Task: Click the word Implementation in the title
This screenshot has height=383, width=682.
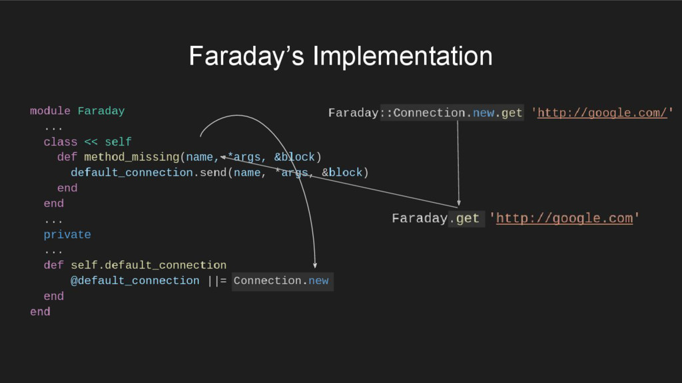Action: [x=402, y=57]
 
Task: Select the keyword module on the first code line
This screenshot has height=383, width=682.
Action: [x=50, y=111]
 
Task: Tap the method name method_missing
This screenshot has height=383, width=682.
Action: [x=131, y=158]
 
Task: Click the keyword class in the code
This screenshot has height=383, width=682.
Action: [x=61, y=142]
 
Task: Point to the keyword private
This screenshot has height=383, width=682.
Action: [x=67, y=235]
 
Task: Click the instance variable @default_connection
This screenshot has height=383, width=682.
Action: [x=135, y=281]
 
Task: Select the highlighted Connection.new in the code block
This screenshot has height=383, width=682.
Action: [x=281, y=281]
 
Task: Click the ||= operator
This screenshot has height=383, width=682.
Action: [x=216, y=281]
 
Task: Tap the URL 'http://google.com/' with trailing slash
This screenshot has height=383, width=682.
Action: [x=602, y=113]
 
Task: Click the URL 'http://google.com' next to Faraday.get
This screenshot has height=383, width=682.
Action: [x=564, y=218]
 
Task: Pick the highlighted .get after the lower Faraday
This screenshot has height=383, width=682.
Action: [x=466, y=218]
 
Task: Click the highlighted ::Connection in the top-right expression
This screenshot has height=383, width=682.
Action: [x=420, y=113]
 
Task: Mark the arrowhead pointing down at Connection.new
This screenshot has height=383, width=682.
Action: [x=315, y=266]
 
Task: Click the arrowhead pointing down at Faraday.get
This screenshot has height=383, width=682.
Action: [x=459, y=202]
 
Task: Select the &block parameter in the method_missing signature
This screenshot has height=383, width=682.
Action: [x=294, y=158]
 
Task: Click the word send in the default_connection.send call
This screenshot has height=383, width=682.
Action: [x=214, y=173]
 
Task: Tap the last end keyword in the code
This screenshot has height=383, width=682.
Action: [x=40, y=312]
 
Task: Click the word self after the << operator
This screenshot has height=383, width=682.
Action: [x=118, y=142]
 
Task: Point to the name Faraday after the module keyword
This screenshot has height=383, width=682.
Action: [x=101, y=111]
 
